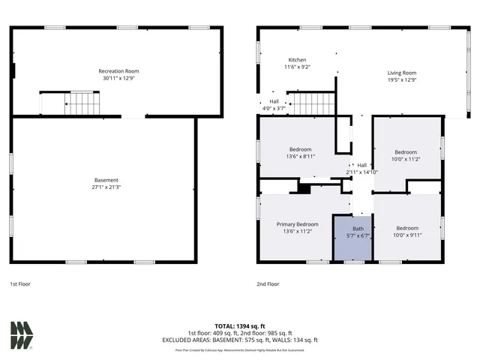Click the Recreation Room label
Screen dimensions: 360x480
click(x=118, y=71)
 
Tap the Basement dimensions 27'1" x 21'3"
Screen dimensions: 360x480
click(x=106, y=187)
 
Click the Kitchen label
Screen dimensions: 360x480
click(x=298, y=60)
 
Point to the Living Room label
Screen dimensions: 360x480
click(x=401, y=73)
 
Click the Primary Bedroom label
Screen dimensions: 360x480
click(x=297, y=224)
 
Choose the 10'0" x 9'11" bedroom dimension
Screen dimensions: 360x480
click(x=406, y=235)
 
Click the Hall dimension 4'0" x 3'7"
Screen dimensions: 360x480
click(x=274, y=108)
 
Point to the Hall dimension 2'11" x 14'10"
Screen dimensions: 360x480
click(x=361, y=172)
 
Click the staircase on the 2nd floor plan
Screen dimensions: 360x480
click(x=311, y=103)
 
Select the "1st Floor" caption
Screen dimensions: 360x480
click(x=20, y=284)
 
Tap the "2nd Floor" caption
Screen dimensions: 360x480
click(x=268, y=284)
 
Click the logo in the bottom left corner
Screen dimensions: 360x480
click(x=22, y=335)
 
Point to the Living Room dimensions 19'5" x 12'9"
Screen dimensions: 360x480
click(x=401, y=80)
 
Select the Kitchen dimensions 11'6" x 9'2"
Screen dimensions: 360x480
click(x=298, y=67)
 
